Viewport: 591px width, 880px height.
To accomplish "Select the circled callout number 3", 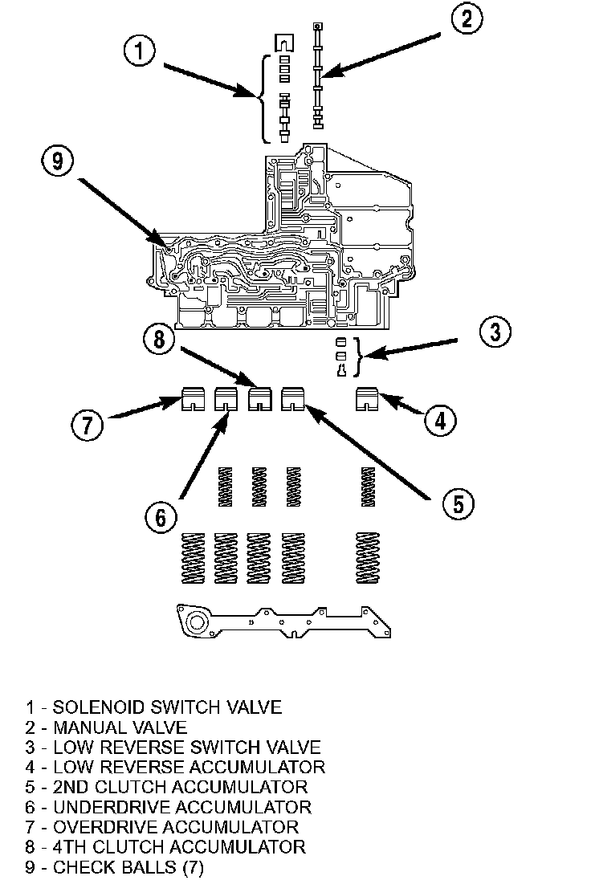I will pyautogui.click(x=495, y=332).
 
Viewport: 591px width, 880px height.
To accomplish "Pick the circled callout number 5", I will pyautogui.click(x=457, y=503).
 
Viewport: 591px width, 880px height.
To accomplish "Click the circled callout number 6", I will pyautogui.click(x=161, y=518).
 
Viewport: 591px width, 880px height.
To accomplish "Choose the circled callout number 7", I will pyautogui.click(x=88, y=424).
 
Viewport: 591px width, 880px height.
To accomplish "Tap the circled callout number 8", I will pyautogui.click(x=161, y=340).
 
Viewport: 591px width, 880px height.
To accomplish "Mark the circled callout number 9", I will pyautogui.click(x=56, y=161).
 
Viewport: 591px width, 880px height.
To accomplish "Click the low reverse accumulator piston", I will pyautogui.click(x=371, y=399).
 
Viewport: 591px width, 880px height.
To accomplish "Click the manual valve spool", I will pyautogui.click(x=318, y=76).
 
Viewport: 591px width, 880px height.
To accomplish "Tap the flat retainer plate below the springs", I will pyautogui.click(x=274, y=621).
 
